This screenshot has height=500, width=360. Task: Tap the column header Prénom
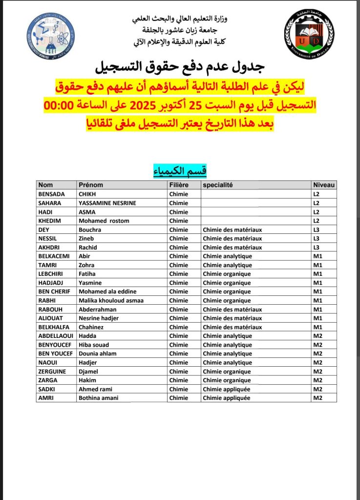pyautogui.click(x=91, y=185)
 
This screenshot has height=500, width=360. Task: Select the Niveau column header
pyautogui.click(x=324, y=185)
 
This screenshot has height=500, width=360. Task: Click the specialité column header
pyautogui.click(x=218, y=185)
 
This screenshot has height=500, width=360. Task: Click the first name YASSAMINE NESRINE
pyautogui.click(x=107, y=203)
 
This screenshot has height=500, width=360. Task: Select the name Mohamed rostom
pyautogui.click(x=104, y=221)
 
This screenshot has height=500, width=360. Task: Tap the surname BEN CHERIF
pyautogui.click(x=54, y=292)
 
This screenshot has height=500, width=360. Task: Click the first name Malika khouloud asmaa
pyautogui.click(x=111, y=300)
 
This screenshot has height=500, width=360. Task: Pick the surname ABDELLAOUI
pyautogui.click(x=55, y=336)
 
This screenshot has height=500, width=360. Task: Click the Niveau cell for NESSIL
pyautogui.click(x=316, y=238)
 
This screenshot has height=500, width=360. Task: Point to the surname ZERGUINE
pyautogui.click(x=52, y=372)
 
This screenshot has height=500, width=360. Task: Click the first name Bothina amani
pyautogui.click(x=98, y=398)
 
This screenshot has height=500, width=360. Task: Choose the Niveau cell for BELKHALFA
pyautogui.click(x=318, y=327)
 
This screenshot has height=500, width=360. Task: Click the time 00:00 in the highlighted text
pyautogui.click(x=59, y=105)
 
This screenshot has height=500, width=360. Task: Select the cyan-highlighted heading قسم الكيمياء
pyautogui.click(x=180, y=170)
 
